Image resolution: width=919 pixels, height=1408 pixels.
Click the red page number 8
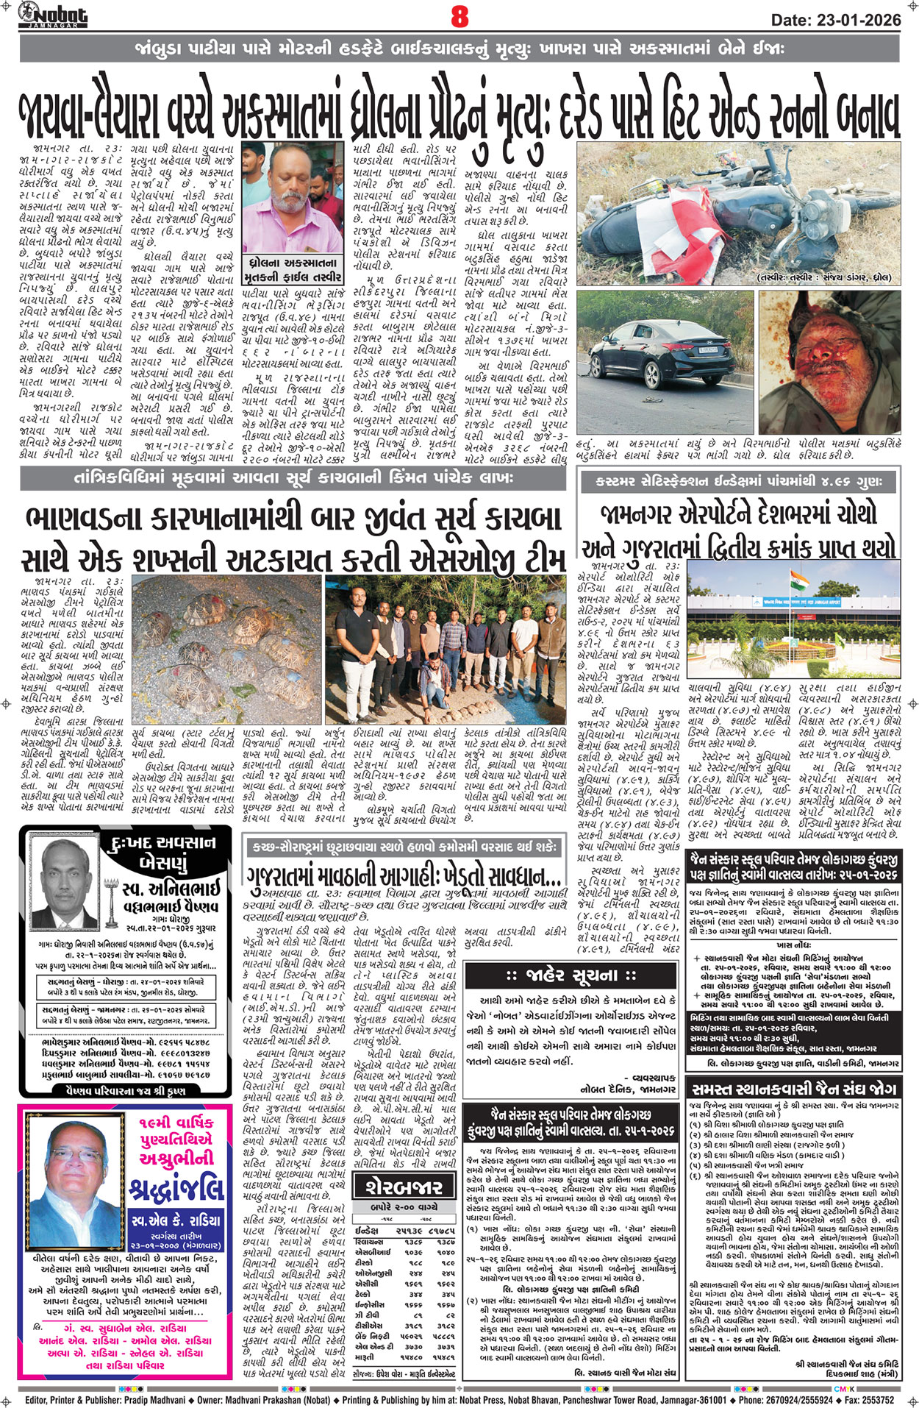[x=459, y=16]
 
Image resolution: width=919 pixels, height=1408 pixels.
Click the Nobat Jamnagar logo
[x=53, y=13]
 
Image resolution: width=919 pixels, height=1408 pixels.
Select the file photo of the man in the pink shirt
[x=293, y=199]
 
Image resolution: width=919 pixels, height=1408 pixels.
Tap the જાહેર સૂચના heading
[x=571, y=976]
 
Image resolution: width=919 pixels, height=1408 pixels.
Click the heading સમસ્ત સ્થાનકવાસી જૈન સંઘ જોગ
[x=792, y=1088]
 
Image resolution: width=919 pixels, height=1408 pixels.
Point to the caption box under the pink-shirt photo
[x=293, y=270]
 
